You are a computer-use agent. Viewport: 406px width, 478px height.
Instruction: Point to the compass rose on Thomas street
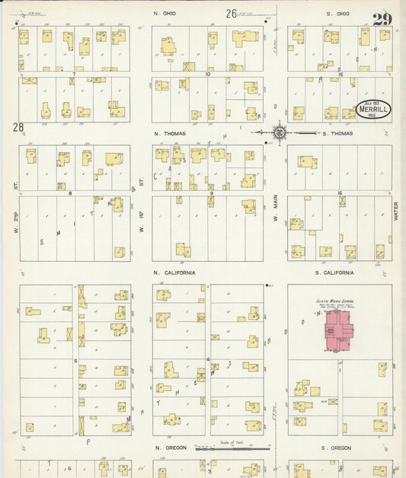coord(279,132)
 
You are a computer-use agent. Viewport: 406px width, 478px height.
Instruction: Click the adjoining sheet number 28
coord(18,128)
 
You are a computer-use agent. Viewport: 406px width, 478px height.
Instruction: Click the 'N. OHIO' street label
coord(165,14)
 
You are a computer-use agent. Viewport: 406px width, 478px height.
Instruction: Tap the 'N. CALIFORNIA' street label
coord(174,272)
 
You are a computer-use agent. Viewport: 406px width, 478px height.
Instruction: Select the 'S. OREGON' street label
coord(336,448)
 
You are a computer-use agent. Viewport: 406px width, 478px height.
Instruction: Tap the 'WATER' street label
coord(396,211)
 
